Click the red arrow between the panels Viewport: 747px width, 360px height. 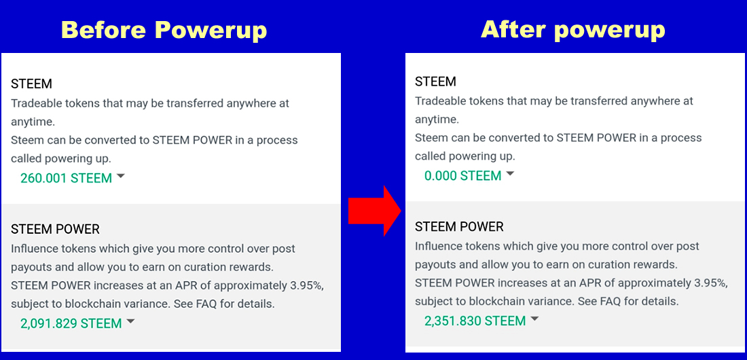(375, 211)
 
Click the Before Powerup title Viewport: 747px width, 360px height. (164, 31)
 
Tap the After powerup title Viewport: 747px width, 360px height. (572, 30)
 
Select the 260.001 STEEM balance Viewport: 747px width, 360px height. (67, 179)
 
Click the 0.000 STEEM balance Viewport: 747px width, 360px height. (463, 176)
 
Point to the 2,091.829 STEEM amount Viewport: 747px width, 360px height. (71, 323)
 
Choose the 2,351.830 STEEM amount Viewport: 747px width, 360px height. (475, 321)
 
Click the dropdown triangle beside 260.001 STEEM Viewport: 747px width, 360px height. (120, 177)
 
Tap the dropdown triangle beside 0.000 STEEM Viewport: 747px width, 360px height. (510, 174)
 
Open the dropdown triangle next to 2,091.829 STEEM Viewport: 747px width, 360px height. (130, 322)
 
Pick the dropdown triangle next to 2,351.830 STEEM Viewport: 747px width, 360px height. (534, 319)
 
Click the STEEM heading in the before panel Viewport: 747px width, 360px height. (31, 84)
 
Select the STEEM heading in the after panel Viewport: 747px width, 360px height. (435, 82)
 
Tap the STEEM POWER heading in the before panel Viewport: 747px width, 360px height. (55, 230)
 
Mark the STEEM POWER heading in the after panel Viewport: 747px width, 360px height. (459, 227)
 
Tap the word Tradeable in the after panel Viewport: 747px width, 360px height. (440, 101)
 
